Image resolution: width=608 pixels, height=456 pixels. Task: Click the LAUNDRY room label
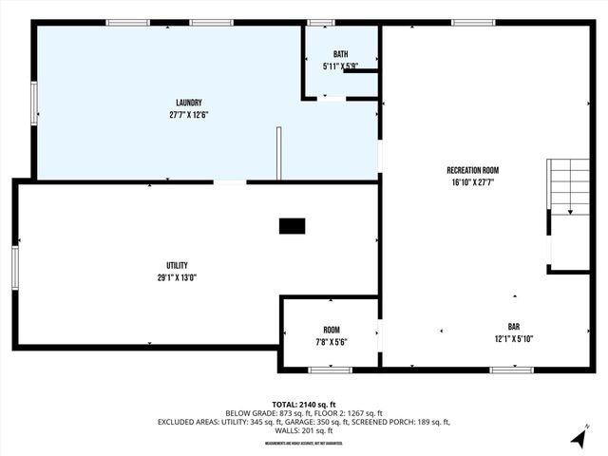click(x=188, y=103)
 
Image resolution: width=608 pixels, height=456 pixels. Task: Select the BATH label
click(x=340, y=54)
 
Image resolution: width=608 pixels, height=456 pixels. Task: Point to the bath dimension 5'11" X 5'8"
click(x=340, y=66)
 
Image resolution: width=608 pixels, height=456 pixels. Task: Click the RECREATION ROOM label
click(x=472, y=170)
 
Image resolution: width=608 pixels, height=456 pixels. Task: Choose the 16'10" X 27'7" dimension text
click(x=472, y=182)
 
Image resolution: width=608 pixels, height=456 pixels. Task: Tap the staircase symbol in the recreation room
click(x=569, y=186)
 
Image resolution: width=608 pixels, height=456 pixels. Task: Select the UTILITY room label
click(x=177, y=265)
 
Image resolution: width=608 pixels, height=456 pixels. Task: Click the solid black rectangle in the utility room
click(x=292, y=226)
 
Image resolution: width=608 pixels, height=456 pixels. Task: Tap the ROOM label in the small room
click(x=331, y=330)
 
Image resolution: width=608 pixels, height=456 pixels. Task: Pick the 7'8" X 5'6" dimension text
click(x=331, y=342)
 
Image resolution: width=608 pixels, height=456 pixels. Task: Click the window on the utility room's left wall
click(x=15, y=267)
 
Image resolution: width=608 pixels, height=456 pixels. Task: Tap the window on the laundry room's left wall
click(x=34, y=103)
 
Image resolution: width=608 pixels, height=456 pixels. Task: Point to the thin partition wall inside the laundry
click(x=278, y=153)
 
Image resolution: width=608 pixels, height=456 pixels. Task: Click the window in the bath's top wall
click(x=321, y=22)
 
